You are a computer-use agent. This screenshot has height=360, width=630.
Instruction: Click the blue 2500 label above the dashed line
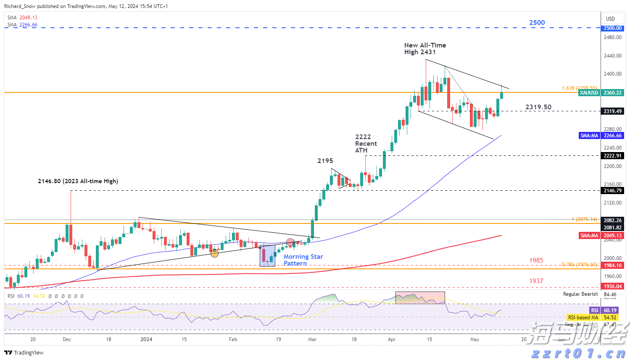(x=537, y=23)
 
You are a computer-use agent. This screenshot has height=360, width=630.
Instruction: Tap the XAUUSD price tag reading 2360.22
(x=601, y=93)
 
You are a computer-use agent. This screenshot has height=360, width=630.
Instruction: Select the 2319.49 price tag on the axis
(x=612, y=111)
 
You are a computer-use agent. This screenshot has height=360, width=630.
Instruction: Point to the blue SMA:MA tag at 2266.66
(x=601, y=136)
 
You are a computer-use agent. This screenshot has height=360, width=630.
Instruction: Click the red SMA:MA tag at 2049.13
(x=601, y=236)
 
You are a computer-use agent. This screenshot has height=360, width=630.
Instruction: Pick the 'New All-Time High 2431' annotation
(x=425, y=49)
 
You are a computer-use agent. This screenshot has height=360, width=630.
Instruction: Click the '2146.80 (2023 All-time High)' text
(x=78, y=181)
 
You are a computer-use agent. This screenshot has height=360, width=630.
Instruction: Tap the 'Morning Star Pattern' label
(x=303, y=260)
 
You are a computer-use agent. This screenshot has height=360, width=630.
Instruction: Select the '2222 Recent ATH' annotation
(x=366, y=144)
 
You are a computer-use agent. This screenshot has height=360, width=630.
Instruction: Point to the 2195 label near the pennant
(x=325, y=161)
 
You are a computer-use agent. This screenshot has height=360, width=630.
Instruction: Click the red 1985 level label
(x=536, y=260)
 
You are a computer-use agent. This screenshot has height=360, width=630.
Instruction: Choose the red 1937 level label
(x=536, y=281)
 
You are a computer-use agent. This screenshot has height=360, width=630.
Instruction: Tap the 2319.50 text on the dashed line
(x=538, y=108)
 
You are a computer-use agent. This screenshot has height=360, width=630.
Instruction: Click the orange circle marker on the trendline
(x=214, y=253)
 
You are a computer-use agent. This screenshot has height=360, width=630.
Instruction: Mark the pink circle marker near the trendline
(x=290, y=242)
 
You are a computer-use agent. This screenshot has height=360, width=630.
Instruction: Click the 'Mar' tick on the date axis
(x=312, y=339)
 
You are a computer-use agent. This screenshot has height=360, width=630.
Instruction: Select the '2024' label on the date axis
(x=146, y=339)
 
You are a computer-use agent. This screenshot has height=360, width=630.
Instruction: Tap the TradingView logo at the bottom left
(x=24, y=353)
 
